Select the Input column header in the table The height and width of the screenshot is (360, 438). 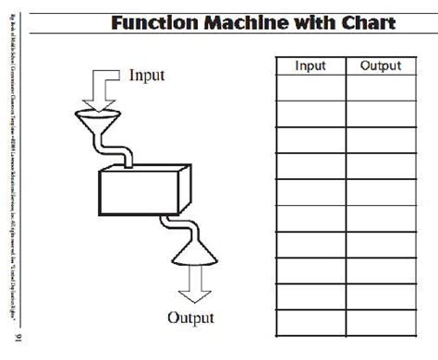point(310,66)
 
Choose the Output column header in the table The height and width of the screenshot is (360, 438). point(380,66)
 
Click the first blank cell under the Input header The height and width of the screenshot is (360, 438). point(310,88)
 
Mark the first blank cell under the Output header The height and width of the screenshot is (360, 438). point(380,88)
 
